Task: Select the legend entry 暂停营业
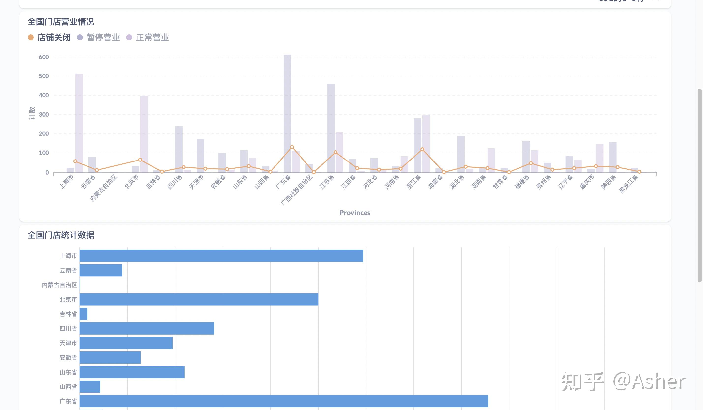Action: tap(98, 37)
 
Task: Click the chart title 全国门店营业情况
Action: tap(61, 22)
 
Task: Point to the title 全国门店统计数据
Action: tap(61, 235)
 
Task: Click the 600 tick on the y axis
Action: tap(44, 57)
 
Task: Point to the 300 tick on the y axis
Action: tap(44, 114)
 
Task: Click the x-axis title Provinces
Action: tap(354, 213)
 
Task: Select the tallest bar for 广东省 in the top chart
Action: tap(287, 112)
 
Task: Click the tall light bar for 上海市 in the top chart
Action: tap(79, 123)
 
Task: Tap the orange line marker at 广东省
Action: tap(292, 147)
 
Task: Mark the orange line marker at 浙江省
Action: tap(422, 150)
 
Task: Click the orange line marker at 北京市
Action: tap(140, 160)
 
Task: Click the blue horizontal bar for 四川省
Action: tap(147, 328)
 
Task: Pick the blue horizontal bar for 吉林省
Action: tap(83, 314)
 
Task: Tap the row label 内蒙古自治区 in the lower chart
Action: tap(60, 285)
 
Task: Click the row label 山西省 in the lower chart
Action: tap(68, 387)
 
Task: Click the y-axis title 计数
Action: tap(32, 113)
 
